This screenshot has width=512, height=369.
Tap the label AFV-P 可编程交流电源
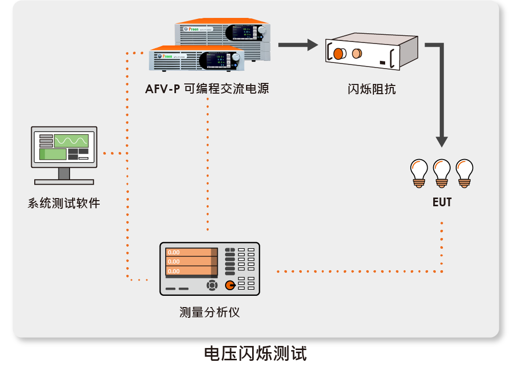pyautogui.click(x=207, y=89)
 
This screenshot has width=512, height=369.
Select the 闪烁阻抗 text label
pyautogui.click(x=372, y=89)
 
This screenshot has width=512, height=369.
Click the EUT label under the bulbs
pyautogui.click(x=442, y=202)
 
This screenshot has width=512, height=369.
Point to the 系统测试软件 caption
pyautogui.click(x=64, y=203)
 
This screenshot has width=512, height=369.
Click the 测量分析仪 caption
pyautogui.click(x=210, y=312)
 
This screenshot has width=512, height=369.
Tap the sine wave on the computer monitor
pyautogui.click(x=72, y=140)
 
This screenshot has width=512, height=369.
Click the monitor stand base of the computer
pyautogui.click(x=64, y=182)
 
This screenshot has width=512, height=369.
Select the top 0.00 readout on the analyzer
pyautogui.click(x=189, y=252)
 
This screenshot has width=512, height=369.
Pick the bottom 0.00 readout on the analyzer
pyautogui.click(x=189, y=271)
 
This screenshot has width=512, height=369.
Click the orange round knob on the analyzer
pyautogui.click(x=230, y=285)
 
